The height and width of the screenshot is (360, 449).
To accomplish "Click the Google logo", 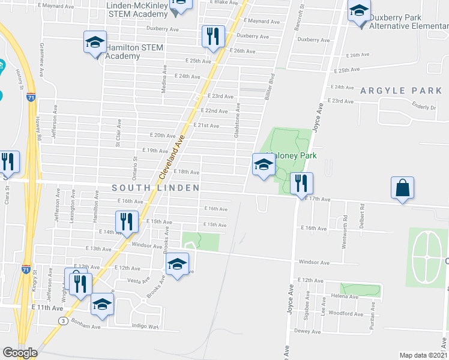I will coord(20,353).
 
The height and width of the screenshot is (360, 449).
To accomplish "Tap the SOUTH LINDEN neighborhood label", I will coord(156,188).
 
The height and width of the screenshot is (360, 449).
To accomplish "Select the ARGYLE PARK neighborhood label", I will coord(401,91).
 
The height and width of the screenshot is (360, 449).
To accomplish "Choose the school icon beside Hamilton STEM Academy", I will coord(95,43).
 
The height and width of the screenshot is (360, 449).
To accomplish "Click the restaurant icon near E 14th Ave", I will coord(127,222).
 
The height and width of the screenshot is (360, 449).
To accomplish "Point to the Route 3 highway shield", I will coord(63,321).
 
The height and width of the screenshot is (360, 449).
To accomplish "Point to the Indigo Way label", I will coord(145,326).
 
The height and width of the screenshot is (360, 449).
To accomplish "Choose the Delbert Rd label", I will coord(362,214).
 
